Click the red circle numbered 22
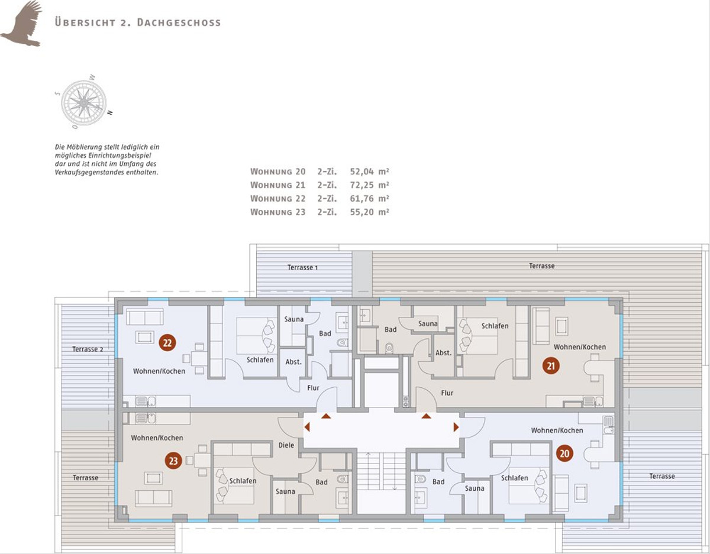[x=167, y=343]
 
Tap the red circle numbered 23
[x=173, y=461]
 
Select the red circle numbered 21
[x=551, y=365]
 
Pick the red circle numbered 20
[x=564, y=453]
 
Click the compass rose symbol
[x=84, y=102]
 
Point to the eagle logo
[x=21, y=24]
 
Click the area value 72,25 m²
[x=370, y=185]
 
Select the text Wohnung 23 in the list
[x=277, y=212]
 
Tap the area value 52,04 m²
[x=370, y=171]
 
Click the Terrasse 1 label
[x=302, y=267]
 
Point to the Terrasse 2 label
[x=88, y=349]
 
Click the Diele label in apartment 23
[x=286, y=445]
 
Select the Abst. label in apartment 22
[x=293, y=362]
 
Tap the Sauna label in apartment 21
[x=428, y=323]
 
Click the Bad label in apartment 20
[x=438, y=481]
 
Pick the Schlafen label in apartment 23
[x=243, y=481]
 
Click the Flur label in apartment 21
[x=447, y=393]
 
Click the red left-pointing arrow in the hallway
[x=307, y=427]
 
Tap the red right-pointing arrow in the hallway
[x=456, y=427]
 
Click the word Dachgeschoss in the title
[x=179, y=22]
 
